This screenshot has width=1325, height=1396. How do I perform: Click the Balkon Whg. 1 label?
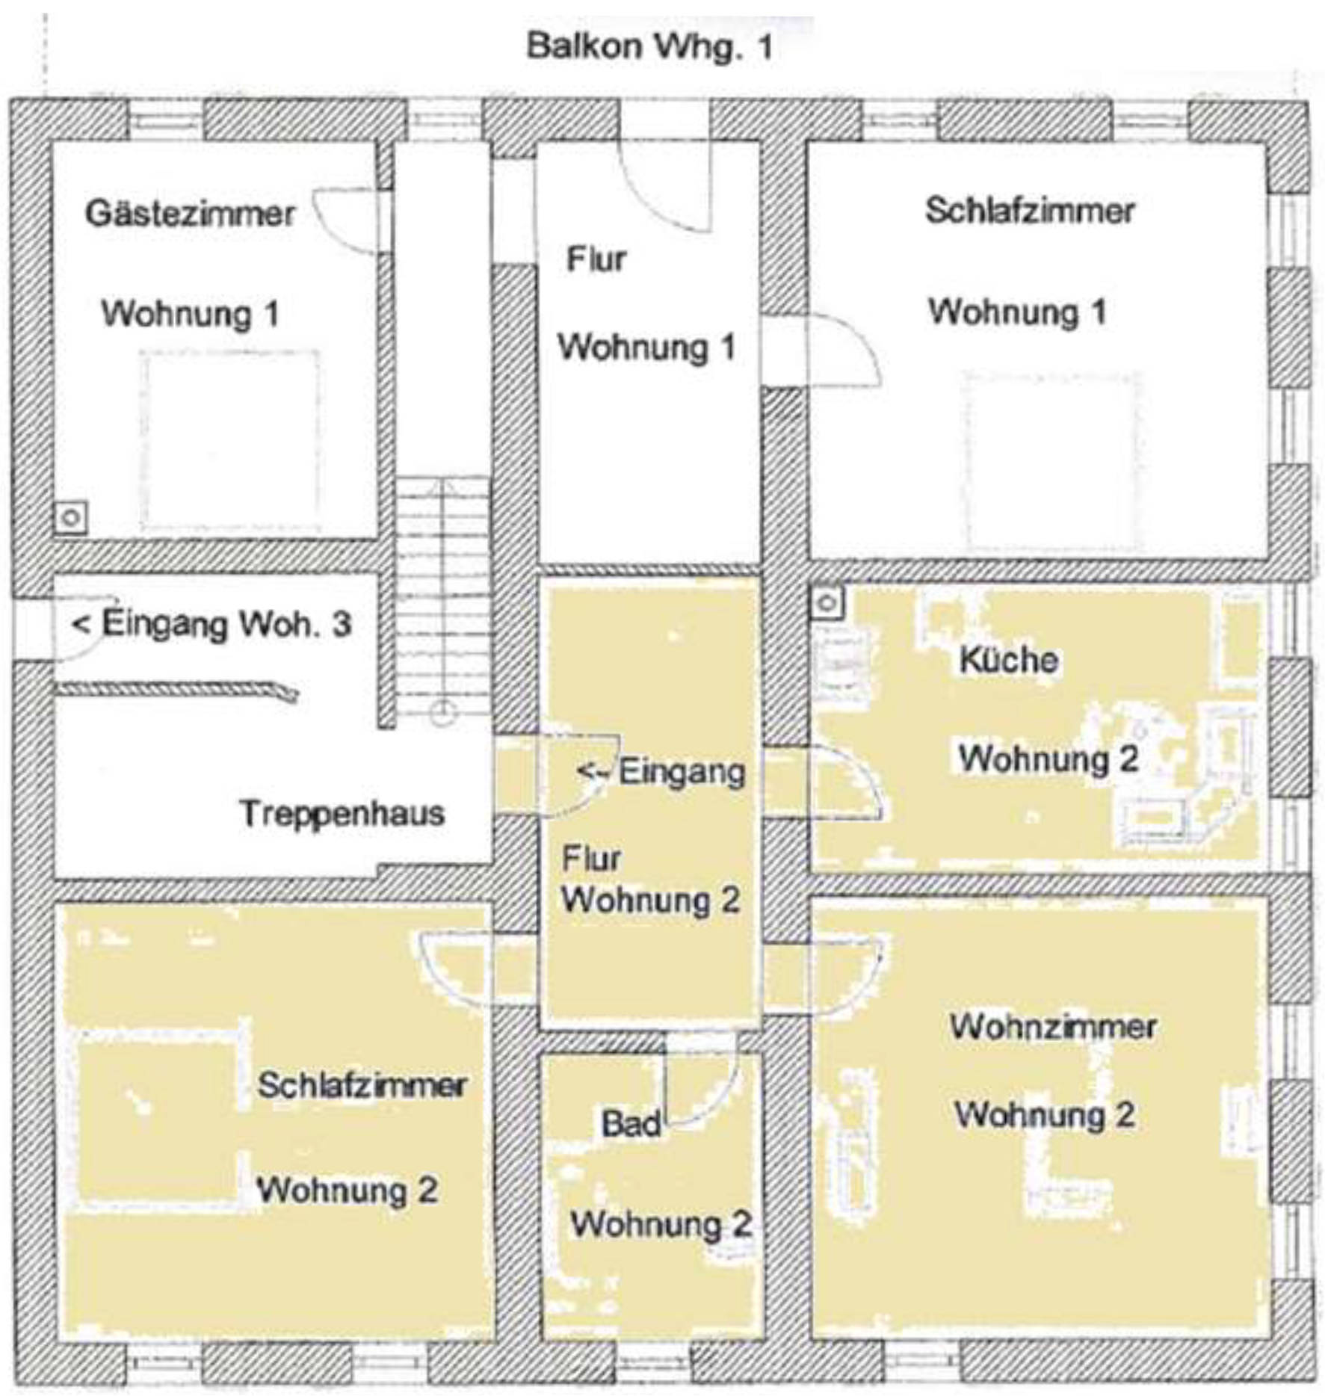pos(649,47)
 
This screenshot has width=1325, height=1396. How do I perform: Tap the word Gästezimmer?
pos(191,214)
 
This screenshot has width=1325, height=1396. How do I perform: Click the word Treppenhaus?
pos(342,814)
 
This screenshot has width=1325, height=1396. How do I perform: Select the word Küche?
pos(1008,659)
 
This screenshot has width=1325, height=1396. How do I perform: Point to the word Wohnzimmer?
pos(1053,1026)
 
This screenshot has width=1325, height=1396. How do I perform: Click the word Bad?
pos(631,1123)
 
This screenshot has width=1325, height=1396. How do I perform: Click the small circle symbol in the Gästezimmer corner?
pos(71,517)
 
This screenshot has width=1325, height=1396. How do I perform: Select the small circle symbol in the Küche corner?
pos(827,603)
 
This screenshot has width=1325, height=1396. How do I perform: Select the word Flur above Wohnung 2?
pos(590,859)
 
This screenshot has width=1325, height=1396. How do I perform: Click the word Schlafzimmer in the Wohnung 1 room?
pos(1030,211)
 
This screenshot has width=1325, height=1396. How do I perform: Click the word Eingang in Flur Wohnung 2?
pos(682,771)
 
